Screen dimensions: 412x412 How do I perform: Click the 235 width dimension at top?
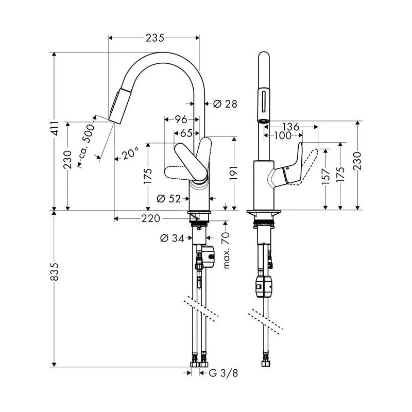coord(154,38)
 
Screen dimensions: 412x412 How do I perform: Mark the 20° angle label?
coord(131,153)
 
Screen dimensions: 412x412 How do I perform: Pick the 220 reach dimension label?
coord(150,219)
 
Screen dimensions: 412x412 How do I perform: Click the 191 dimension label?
coord(233,173)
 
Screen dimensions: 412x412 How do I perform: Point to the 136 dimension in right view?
coord(291,126)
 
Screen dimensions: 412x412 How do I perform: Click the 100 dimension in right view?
coord(282,135)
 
